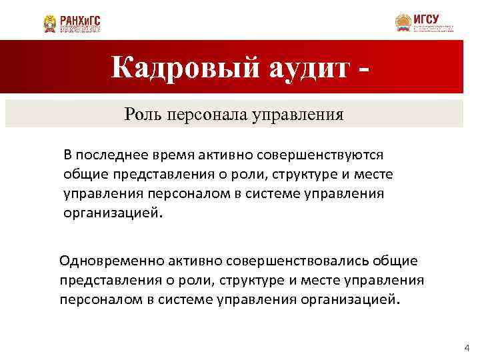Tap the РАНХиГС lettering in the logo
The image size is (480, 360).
[80, 20]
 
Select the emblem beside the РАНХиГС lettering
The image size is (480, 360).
[50, 24]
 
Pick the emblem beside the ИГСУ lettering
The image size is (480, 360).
[403, 23]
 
